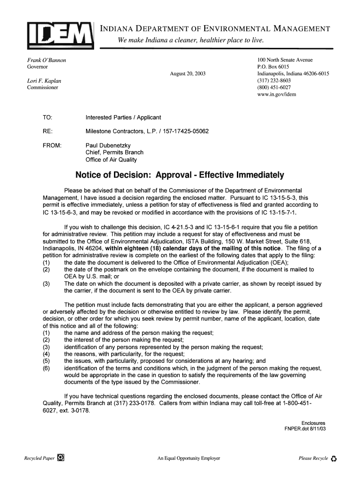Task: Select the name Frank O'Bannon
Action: pos(46,61)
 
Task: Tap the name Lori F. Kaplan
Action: pos(44,81)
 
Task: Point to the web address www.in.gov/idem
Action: pos(277,94)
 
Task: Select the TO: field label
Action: pos(47,117)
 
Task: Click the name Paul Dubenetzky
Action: pos(108,145)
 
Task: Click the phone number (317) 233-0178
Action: pos(134,404)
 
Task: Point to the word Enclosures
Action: pos(313,423)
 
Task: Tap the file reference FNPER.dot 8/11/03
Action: pos(305,429)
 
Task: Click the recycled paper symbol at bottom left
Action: pos(61,458)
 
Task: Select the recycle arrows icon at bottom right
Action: pos(334,458)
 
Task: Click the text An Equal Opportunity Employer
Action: pos(189,458)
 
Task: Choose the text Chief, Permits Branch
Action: pos(114,153)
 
